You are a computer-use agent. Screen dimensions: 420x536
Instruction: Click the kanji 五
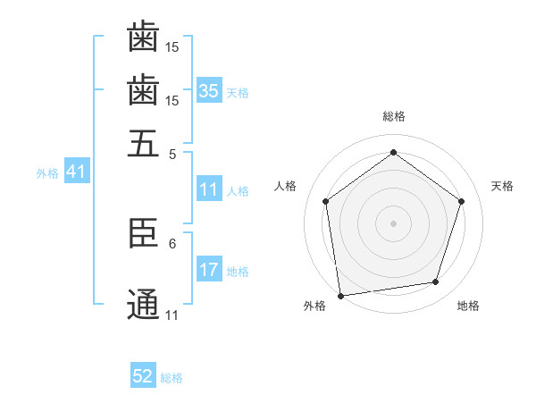pos(143,143)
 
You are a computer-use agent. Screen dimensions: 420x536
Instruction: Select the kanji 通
pos(143,305)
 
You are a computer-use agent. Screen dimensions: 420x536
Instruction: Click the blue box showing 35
pos(209,91)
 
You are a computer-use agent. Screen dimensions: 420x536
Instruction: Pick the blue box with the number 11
pos(209,190)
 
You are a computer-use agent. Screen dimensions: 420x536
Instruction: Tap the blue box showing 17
pos(209,270)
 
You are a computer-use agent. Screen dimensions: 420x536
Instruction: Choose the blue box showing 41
pos(75,172)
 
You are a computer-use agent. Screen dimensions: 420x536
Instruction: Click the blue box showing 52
pos(143,377)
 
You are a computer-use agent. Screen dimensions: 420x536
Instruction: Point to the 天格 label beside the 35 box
pos(238,93)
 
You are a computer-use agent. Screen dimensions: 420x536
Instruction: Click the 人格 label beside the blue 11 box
pos(238,191)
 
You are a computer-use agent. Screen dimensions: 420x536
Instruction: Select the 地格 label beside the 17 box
pos(238,272)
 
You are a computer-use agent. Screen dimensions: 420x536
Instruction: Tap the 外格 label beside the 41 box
pos(47,173)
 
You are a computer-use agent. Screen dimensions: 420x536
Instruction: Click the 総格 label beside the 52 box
pos(172,378)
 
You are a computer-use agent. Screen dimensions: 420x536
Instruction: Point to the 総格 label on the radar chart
pos(393,117)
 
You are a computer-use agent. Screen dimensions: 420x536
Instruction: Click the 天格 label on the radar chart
pos(502,186)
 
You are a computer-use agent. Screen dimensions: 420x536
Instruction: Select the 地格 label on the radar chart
pos(468,306)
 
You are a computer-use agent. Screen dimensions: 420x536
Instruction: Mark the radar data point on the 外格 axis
pos(340,294)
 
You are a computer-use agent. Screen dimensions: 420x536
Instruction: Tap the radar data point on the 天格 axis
pos(461,201)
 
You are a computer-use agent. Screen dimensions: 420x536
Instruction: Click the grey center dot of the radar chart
pos(393,223)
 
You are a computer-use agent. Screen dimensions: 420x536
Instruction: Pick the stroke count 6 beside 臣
pos(172,242)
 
